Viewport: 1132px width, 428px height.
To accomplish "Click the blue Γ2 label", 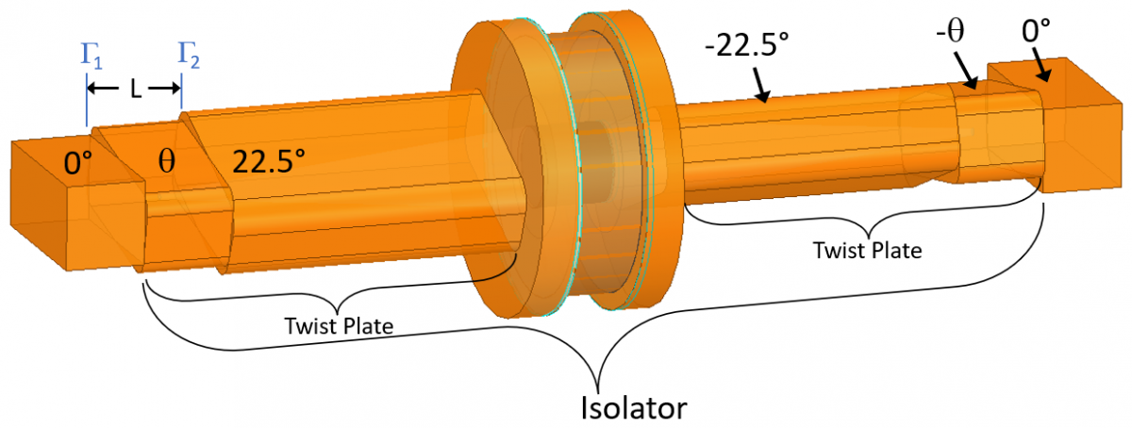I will [189, 56].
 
